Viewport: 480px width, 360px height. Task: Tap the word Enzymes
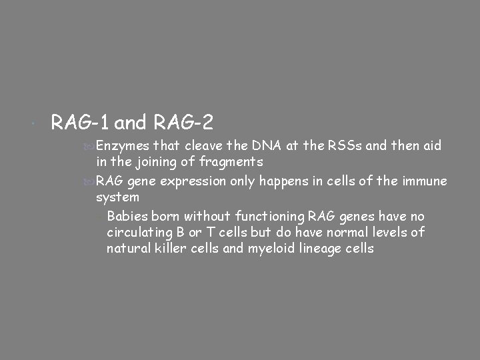click(x=123, y=146)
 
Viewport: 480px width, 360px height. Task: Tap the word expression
click(x=199, y=181)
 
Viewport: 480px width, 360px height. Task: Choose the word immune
click(x=425, y=181)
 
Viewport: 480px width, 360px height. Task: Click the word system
click(x=117, y=197)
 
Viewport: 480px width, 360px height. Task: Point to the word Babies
click(x=127, y=216)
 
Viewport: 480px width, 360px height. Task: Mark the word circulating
click(x=139, y=232)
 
